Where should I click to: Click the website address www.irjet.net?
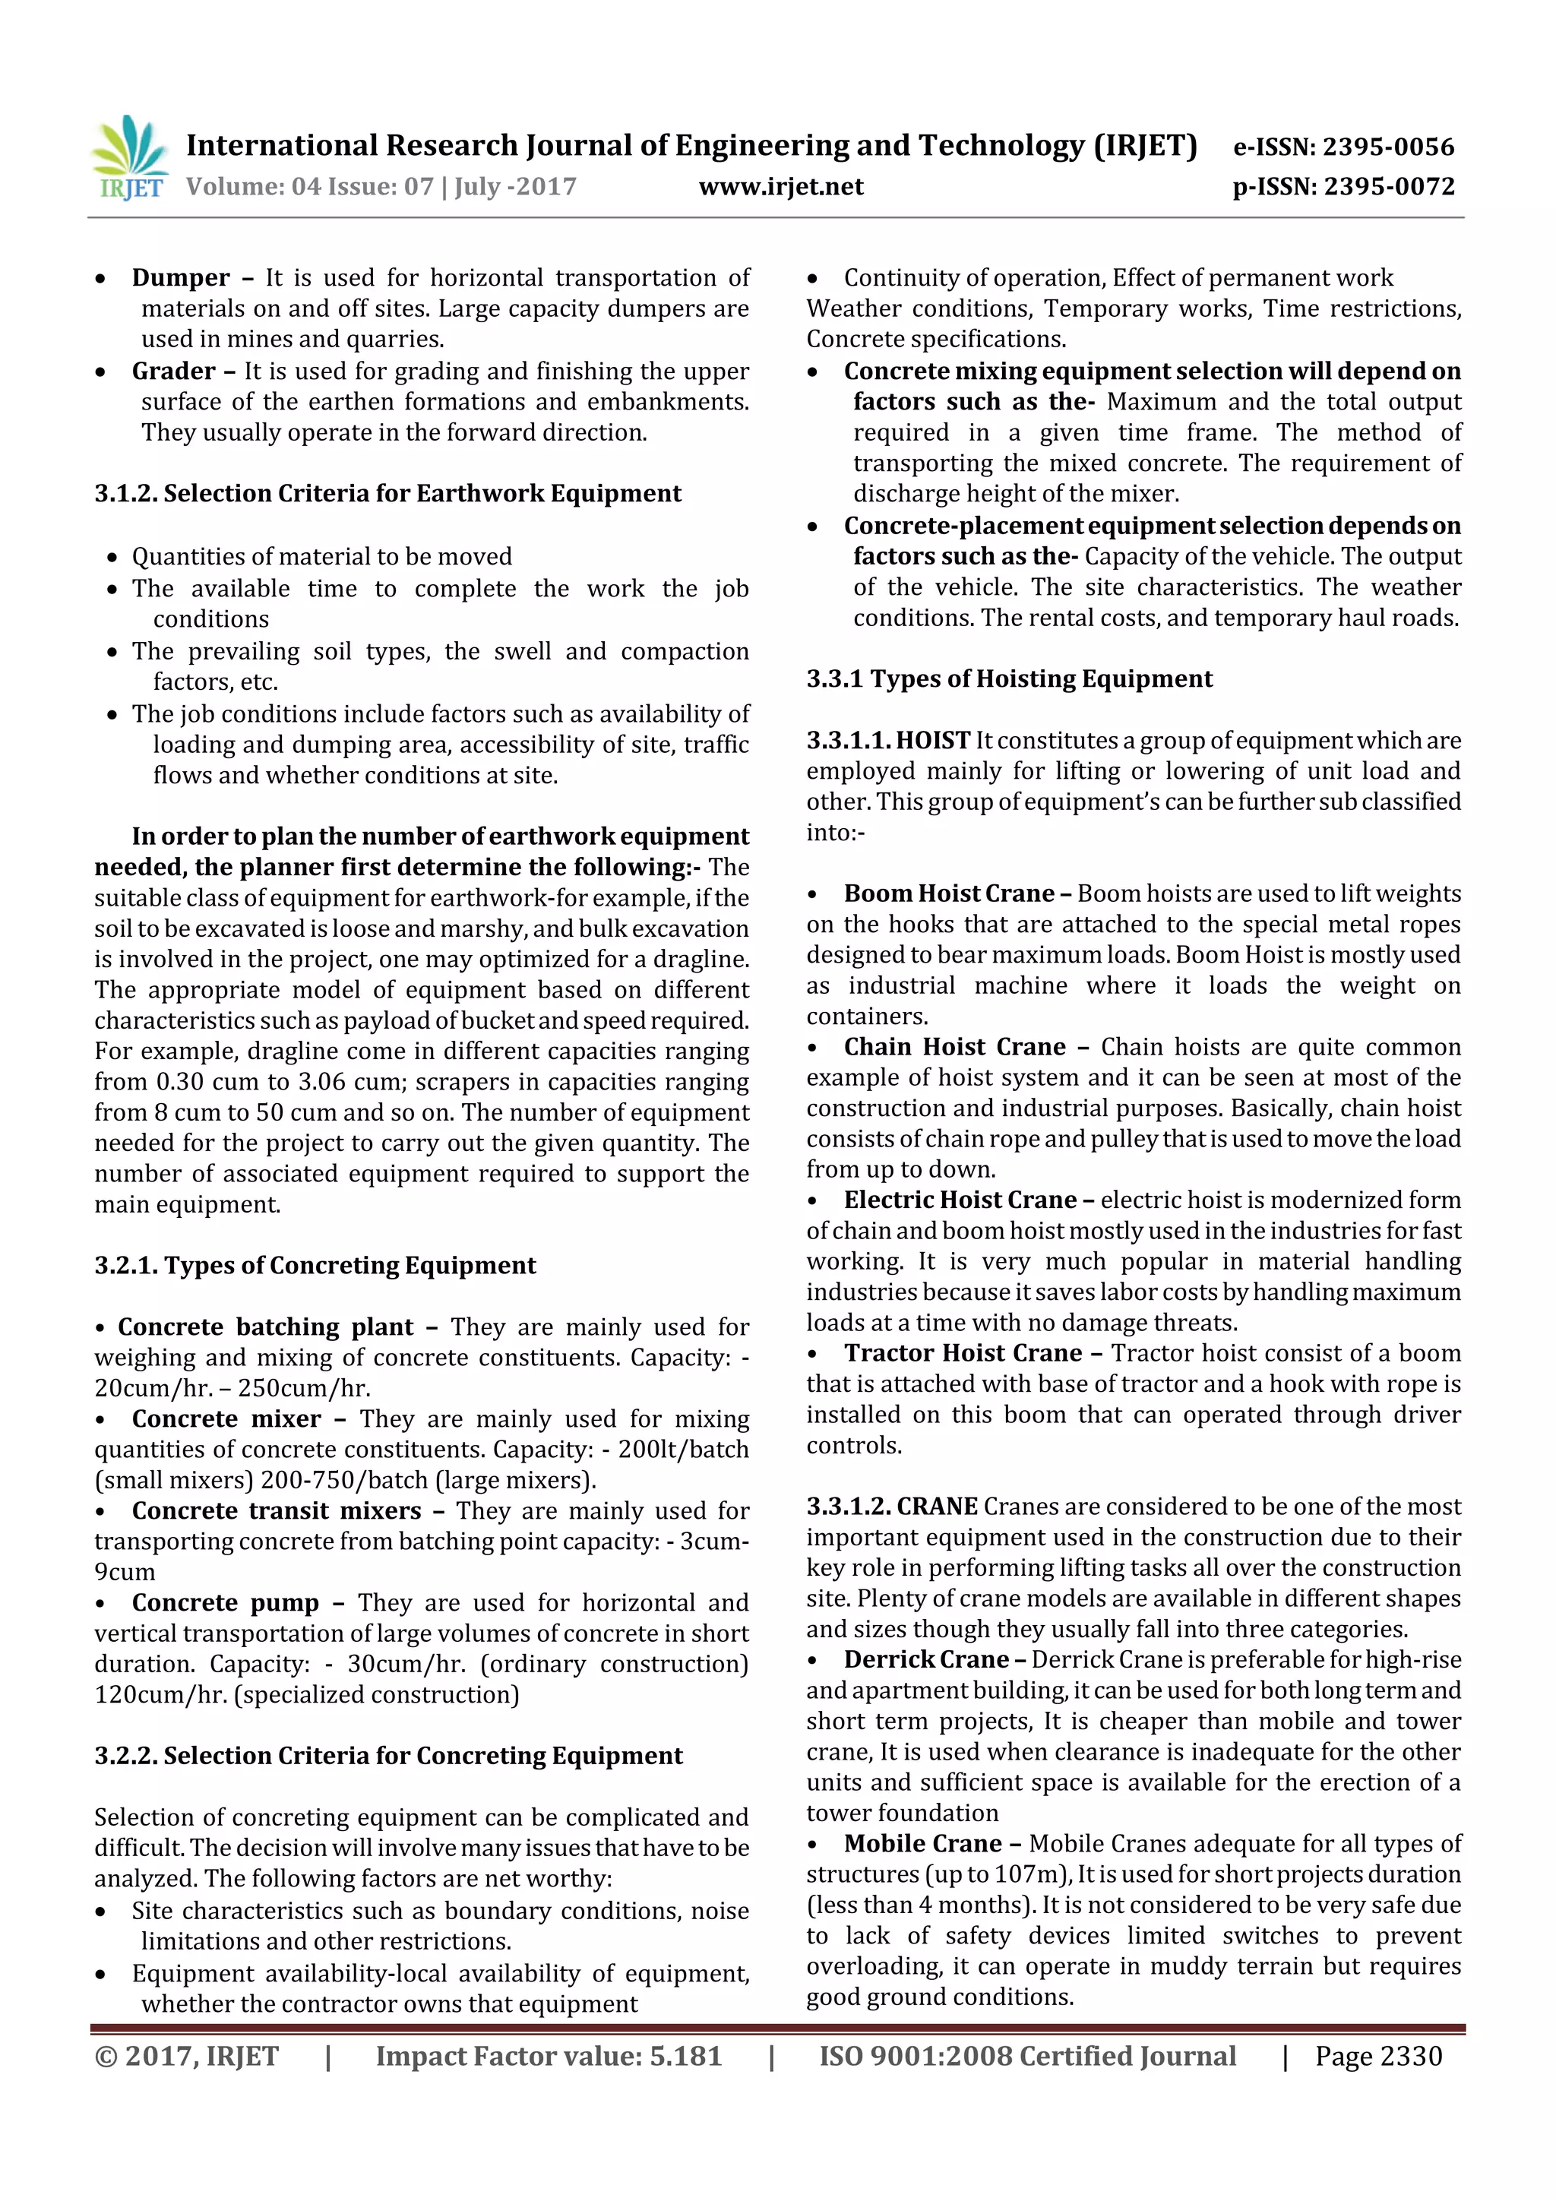point(780,187)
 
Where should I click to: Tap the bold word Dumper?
point(180,278)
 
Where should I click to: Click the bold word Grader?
point(173,371)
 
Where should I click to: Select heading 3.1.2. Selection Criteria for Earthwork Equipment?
point(387,494)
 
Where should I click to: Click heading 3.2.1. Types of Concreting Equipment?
point(315,1266)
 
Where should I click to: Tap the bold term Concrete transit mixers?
point(276,1511)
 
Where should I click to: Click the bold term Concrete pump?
point(226,1603)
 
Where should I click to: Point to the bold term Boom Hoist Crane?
point(948,893)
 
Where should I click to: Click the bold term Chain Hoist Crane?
point(954,1047)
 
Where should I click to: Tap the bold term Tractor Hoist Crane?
point(963,1354)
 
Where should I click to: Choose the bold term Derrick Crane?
point(926,1659)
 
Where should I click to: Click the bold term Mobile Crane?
point(922,1843)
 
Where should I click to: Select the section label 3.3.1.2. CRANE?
point(892,1507)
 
